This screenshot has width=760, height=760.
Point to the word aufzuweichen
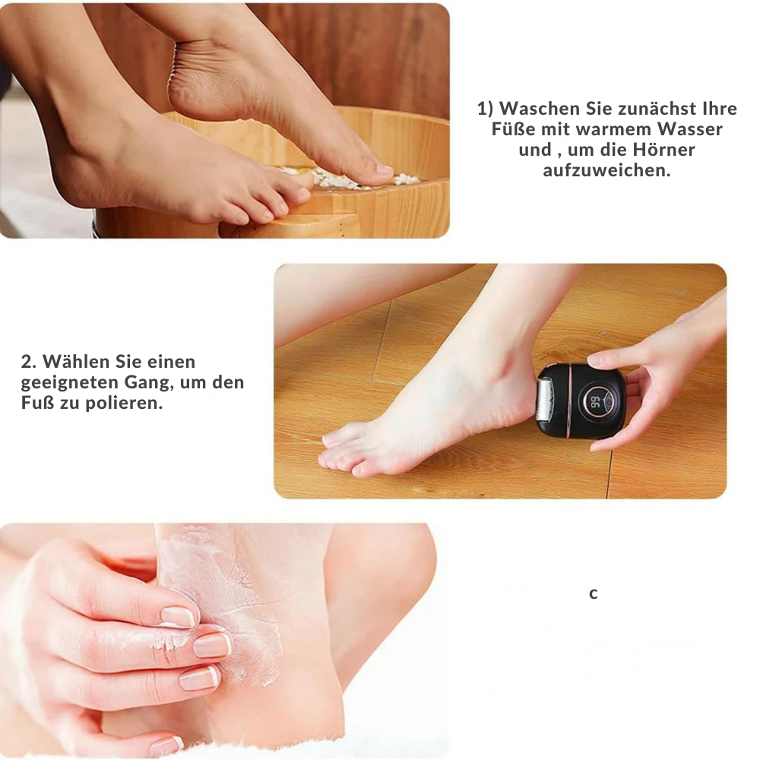click(606, 170)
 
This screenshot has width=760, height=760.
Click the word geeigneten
click(70, 382)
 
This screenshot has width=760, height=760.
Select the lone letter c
click(594, 594)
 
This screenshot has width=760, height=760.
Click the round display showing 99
click(595, 402)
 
